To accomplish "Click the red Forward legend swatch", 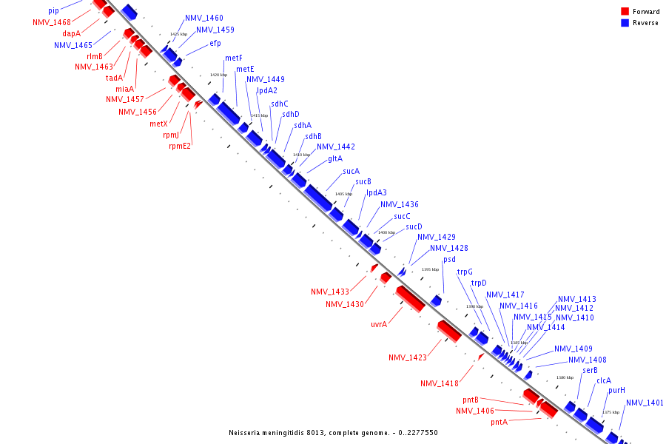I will (x=625, y=11).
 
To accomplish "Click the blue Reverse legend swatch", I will (x=625, y=22).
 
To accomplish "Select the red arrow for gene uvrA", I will (x=409, y=298).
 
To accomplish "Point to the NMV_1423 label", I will (x=408, y=358).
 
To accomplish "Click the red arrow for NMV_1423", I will (x=449, y=332).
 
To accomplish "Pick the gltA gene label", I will (x=335, y=158).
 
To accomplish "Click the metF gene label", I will (x=234, y=58).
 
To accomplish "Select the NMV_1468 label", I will (x=52, y=23).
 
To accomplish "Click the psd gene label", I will (x=449, y=260).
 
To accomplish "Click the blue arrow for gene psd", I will (x=437, y=300).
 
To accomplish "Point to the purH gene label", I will (x=616, y=390).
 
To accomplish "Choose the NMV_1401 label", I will (x=645, y=403).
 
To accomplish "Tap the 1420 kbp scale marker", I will (x=218, y=75).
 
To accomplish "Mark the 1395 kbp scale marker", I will (x=430, y=269).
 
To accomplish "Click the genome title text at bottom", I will (x=333, y=433).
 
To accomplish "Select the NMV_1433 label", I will (x=330, y=292).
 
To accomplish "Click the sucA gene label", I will (x=351, y=172).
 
